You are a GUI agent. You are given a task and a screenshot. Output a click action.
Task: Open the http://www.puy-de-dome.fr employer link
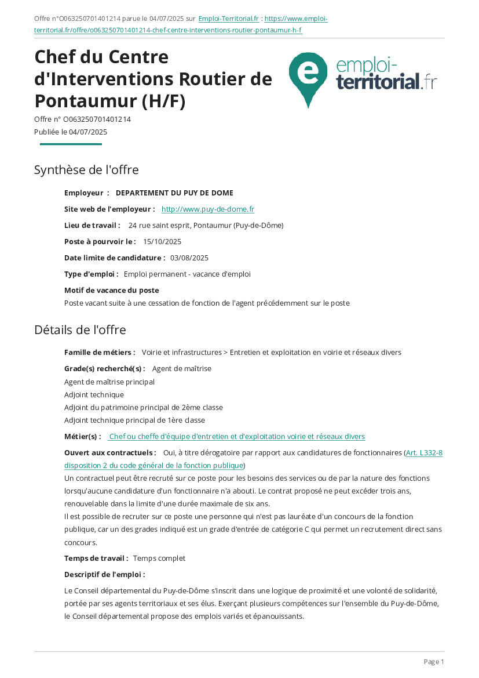tap(207, 209)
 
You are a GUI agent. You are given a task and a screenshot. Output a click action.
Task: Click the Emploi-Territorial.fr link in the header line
tap(228, 19)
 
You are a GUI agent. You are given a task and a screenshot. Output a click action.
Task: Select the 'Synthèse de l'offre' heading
tap(86, 170)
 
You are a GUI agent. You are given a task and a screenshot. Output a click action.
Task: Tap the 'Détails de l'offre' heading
tap(80, 330)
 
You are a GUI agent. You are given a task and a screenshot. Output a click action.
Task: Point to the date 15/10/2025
tap(162, 242)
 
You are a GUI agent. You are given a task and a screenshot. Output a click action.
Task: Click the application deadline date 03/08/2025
tap(189, 258)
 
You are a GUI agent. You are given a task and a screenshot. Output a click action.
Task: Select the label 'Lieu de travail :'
tap(92, 226)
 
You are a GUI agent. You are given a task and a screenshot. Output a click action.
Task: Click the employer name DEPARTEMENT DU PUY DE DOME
tap(174, 193)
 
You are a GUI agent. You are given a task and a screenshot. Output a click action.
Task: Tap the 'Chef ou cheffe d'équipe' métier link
tap(237, 437)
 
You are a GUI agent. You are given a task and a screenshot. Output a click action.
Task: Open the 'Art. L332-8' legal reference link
tap(424, 453)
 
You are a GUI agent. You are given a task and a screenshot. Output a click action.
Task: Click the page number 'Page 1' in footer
tap(434, 662)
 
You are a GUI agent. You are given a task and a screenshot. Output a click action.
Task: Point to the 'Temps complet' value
tap(159, 559)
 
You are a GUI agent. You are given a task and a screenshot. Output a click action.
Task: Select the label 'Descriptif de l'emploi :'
tap(104, 575)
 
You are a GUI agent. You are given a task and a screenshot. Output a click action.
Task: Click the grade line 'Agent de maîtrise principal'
tap(109, 382)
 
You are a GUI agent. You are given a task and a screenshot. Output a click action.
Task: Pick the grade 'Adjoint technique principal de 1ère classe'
tap(134, 420)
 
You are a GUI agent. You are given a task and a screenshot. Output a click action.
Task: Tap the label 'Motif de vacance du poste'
tap(111, 290)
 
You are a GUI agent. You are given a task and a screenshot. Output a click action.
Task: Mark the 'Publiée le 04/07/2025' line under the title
tap(71, 132)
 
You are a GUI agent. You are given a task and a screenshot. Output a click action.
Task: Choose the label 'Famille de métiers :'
tap(100, 353)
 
